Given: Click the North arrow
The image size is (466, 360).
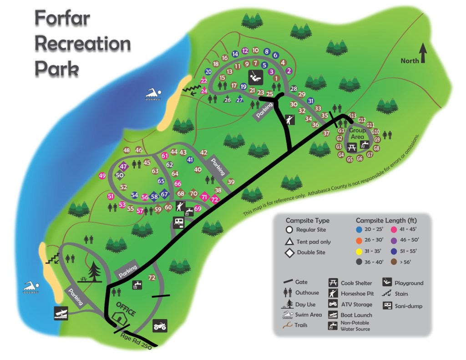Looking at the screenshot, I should point(423,53).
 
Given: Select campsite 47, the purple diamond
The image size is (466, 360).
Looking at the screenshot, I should point(123,167).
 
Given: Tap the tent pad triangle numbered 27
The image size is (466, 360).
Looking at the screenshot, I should point(240,99).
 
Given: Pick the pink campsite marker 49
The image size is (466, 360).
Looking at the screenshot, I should point(102,176).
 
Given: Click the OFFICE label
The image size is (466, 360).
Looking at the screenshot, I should point(126,309).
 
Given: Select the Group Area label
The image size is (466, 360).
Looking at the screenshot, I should point(358,133).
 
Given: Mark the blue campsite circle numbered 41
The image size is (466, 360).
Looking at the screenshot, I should point(190,160).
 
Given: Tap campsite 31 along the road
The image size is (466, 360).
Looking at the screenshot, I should point(311,101).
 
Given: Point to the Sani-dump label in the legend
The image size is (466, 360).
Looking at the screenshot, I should point(408,306).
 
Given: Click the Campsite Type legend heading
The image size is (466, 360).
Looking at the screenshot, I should point(308,220).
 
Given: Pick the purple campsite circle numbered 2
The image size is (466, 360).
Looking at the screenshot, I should point(288,71).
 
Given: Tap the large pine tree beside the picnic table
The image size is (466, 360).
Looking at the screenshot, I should point(96,272).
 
